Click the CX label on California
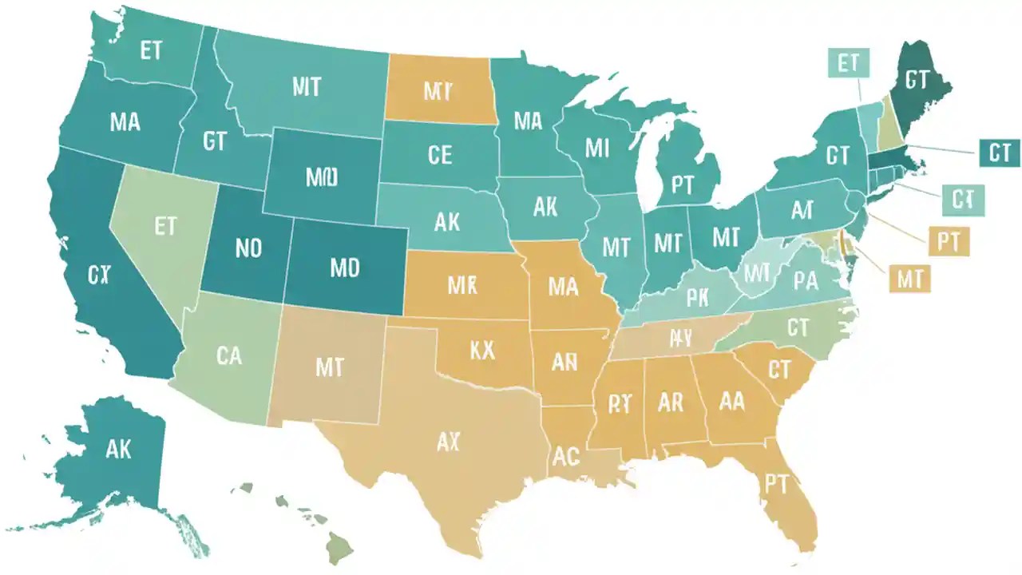click(99, 276)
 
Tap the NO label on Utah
click(248, 248)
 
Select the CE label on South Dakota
click(440, 154)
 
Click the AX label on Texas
click(449, 442)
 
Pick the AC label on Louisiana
click(566, 456)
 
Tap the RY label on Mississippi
click(619, 403)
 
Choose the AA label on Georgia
click(731, 401)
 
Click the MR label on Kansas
click(462, 285)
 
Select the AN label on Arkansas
click(564, 362)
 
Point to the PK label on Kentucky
click(697, 298)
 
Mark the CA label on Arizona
click(228, 354)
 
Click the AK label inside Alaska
click(117, 449)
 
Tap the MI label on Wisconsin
click(597, 148)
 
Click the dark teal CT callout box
click(999, 153)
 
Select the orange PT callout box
click(948, 240)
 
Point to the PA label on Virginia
click(804, 280)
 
